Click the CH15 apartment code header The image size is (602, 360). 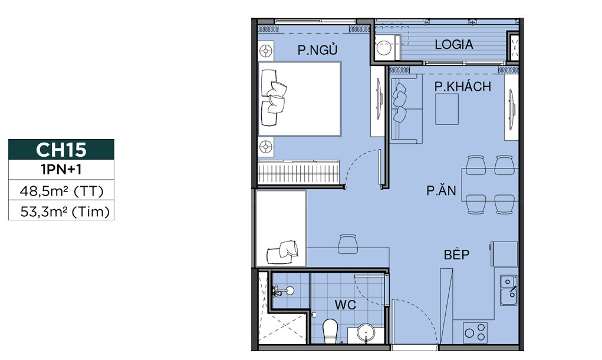61,149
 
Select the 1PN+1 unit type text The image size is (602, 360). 61,170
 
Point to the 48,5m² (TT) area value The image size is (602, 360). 61,190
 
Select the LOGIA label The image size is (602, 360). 454,45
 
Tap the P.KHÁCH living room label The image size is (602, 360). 463,87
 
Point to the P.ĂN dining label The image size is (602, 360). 441,190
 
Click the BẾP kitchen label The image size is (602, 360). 456,254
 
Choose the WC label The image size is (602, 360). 345,305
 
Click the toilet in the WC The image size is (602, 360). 330,331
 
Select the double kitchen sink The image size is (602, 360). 508,290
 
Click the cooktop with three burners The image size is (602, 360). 475,333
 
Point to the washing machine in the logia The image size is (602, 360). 384,47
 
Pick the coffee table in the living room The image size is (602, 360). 446,109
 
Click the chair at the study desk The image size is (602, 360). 348,243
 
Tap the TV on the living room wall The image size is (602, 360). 511,108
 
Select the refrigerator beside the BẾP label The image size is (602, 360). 505,254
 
